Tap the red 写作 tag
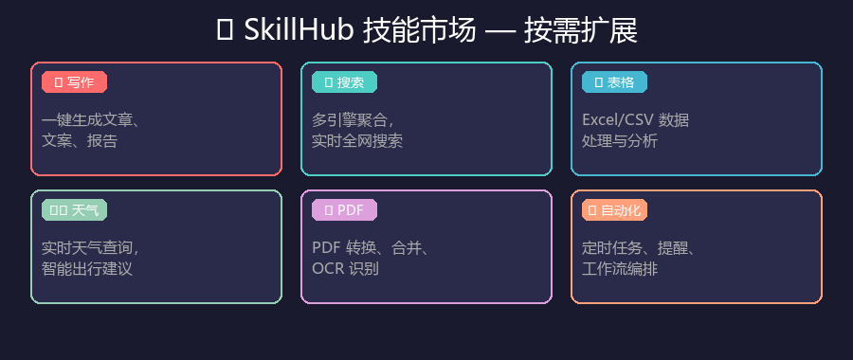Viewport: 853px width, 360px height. [74, 82]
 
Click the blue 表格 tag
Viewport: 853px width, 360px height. [613, 82]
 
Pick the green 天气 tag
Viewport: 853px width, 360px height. [74, 210]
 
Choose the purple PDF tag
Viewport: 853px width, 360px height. [344, 210]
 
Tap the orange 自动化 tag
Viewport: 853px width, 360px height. [614, 210]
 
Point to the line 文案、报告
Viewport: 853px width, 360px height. [80, 141]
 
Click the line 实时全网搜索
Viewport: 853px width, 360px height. [357, 141]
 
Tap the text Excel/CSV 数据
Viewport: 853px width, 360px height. [635, 120]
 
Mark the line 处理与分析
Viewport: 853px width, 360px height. [620, 141]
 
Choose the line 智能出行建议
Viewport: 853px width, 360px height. [87, 269]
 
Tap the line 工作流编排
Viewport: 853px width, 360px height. [620, 269]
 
